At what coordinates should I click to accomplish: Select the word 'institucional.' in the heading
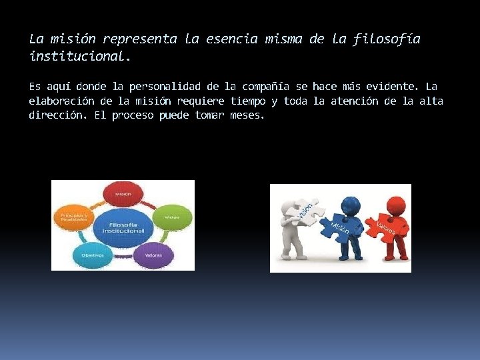pos(80,57)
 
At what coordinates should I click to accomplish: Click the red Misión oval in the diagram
pos(123,195)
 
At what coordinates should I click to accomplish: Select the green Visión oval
pos(171,217)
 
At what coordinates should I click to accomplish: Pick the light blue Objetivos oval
pos(93,254)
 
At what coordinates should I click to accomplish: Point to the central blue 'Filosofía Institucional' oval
pos(123,227)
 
